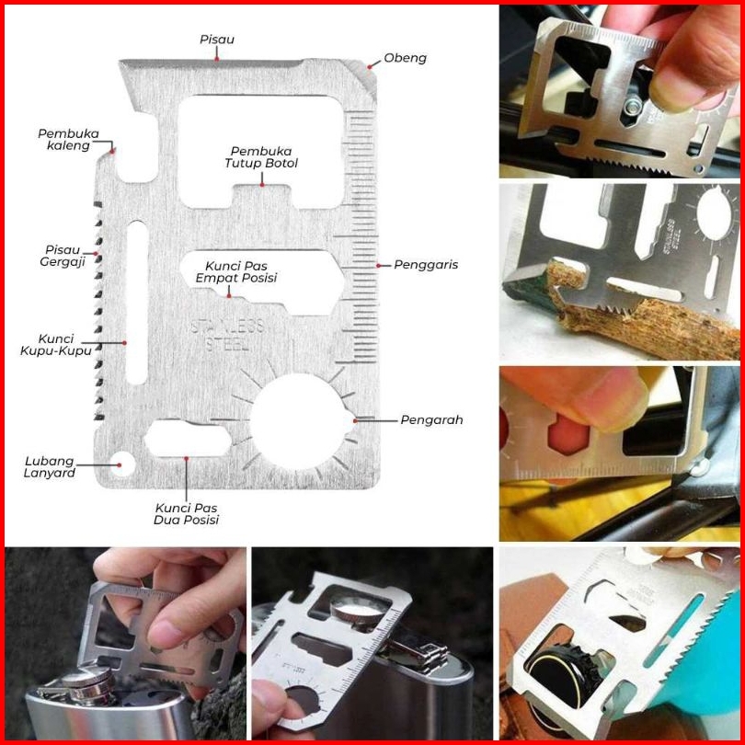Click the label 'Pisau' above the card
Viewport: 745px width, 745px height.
point(217,40)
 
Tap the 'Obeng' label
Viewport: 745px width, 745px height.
point(406,58)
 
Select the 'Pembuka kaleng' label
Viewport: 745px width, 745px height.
point(68,139)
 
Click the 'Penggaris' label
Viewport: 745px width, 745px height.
point(426,265)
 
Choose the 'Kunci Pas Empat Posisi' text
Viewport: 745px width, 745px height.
point(241,271)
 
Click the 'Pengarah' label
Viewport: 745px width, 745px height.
point(431,420)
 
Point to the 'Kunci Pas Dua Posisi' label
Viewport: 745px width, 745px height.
point(186,513)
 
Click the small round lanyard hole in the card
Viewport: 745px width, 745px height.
point(119,461)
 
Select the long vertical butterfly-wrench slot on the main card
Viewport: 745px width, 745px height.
point(136,302)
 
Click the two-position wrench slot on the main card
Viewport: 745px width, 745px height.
point(187,437)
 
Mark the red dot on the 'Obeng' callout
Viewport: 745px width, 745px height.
point(371,65)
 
